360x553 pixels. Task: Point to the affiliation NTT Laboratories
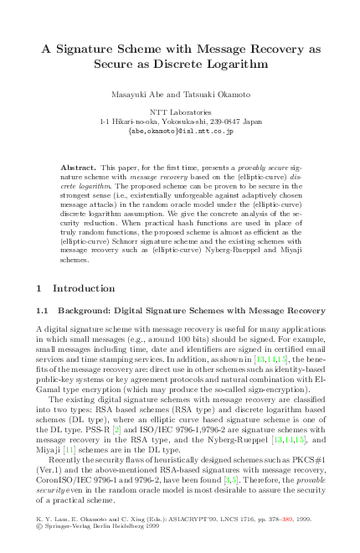coord(180,111)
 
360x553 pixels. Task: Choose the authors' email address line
coord(180,131)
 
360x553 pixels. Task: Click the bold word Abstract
coord(79,168)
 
